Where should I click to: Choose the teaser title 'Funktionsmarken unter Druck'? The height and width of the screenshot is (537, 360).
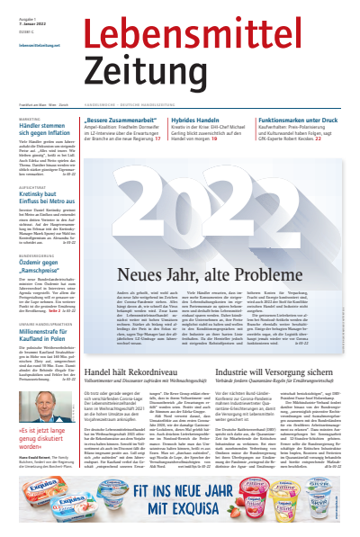pos(297,120)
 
